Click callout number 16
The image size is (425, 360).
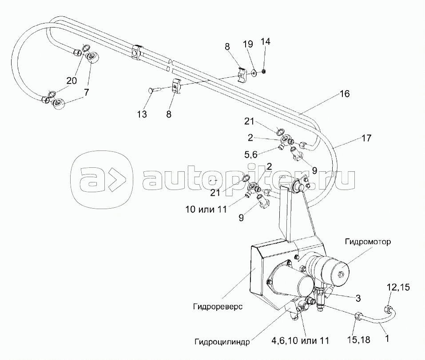click(x=344, y=94)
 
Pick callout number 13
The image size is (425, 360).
click(x=142, y=115)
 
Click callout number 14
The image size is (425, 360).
click(x=265, y=42)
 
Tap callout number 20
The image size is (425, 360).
click(x=71, y=81)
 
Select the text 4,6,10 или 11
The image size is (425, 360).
click(x=300, y=341)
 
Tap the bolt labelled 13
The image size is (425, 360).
click(x=151, y=91)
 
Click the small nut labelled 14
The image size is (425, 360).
click(x=263, y=70)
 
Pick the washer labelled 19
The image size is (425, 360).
click(x=253, y=72)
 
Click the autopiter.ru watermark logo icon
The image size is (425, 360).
click(x=102, y=180)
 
